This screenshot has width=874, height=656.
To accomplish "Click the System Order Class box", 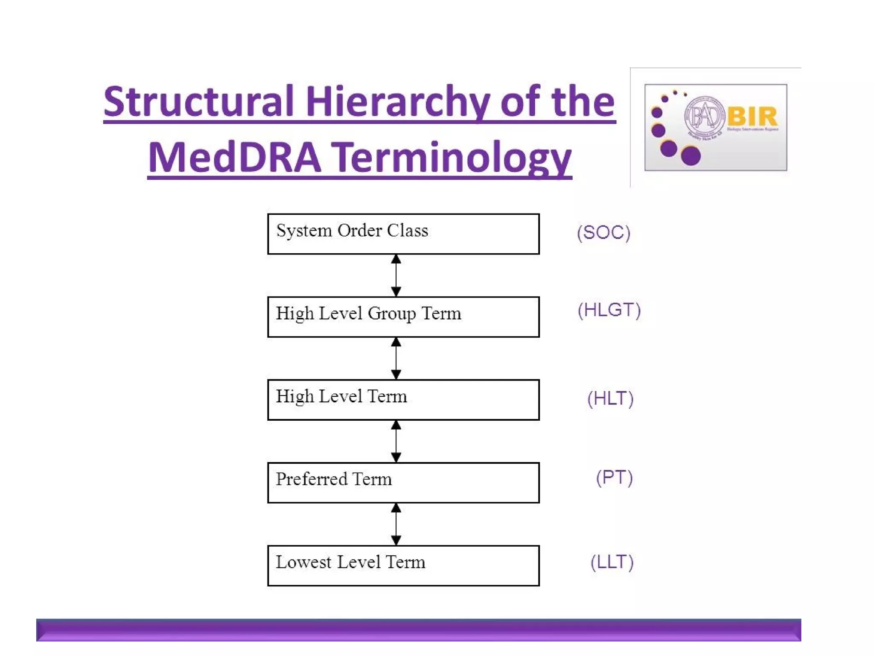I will click(x=403, y=234).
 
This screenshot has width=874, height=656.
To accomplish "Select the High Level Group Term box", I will click(x=403, y=317).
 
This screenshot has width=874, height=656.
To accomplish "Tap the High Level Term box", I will click(x=403, y=400).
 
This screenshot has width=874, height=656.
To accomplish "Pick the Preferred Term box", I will click(x=403, y=483).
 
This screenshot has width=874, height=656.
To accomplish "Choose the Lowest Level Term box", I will click(x=403, y=565).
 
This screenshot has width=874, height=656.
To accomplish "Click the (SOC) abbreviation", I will click(x=603, y=233).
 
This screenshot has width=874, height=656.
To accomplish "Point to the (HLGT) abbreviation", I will click(x=609, y=310).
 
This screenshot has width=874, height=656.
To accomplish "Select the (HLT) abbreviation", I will click(x=610, y=398).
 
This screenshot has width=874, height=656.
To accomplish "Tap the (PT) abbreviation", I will click(x=614, y=477).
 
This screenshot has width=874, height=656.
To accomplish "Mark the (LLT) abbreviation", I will click(x=612, y=562).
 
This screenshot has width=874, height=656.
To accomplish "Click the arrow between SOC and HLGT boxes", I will click(x=396, y=275).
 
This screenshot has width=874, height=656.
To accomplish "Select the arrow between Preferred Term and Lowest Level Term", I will click(x=396, y=524).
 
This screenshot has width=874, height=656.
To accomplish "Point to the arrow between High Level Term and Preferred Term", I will click(x=396, y=441).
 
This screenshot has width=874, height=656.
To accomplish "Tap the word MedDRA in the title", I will click(x=234, y=158).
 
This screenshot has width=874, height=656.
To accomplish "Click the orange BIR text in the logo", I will click(x=752, y=116).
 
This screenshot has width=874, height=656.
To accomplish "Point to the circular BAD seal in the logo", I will click(x=705, y=116).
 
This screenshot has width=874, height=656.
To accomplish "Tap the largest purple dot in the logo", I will click(x=690, y=155).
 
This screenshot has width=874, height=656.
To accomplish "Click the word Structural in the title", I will click(x=198, y=102).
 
